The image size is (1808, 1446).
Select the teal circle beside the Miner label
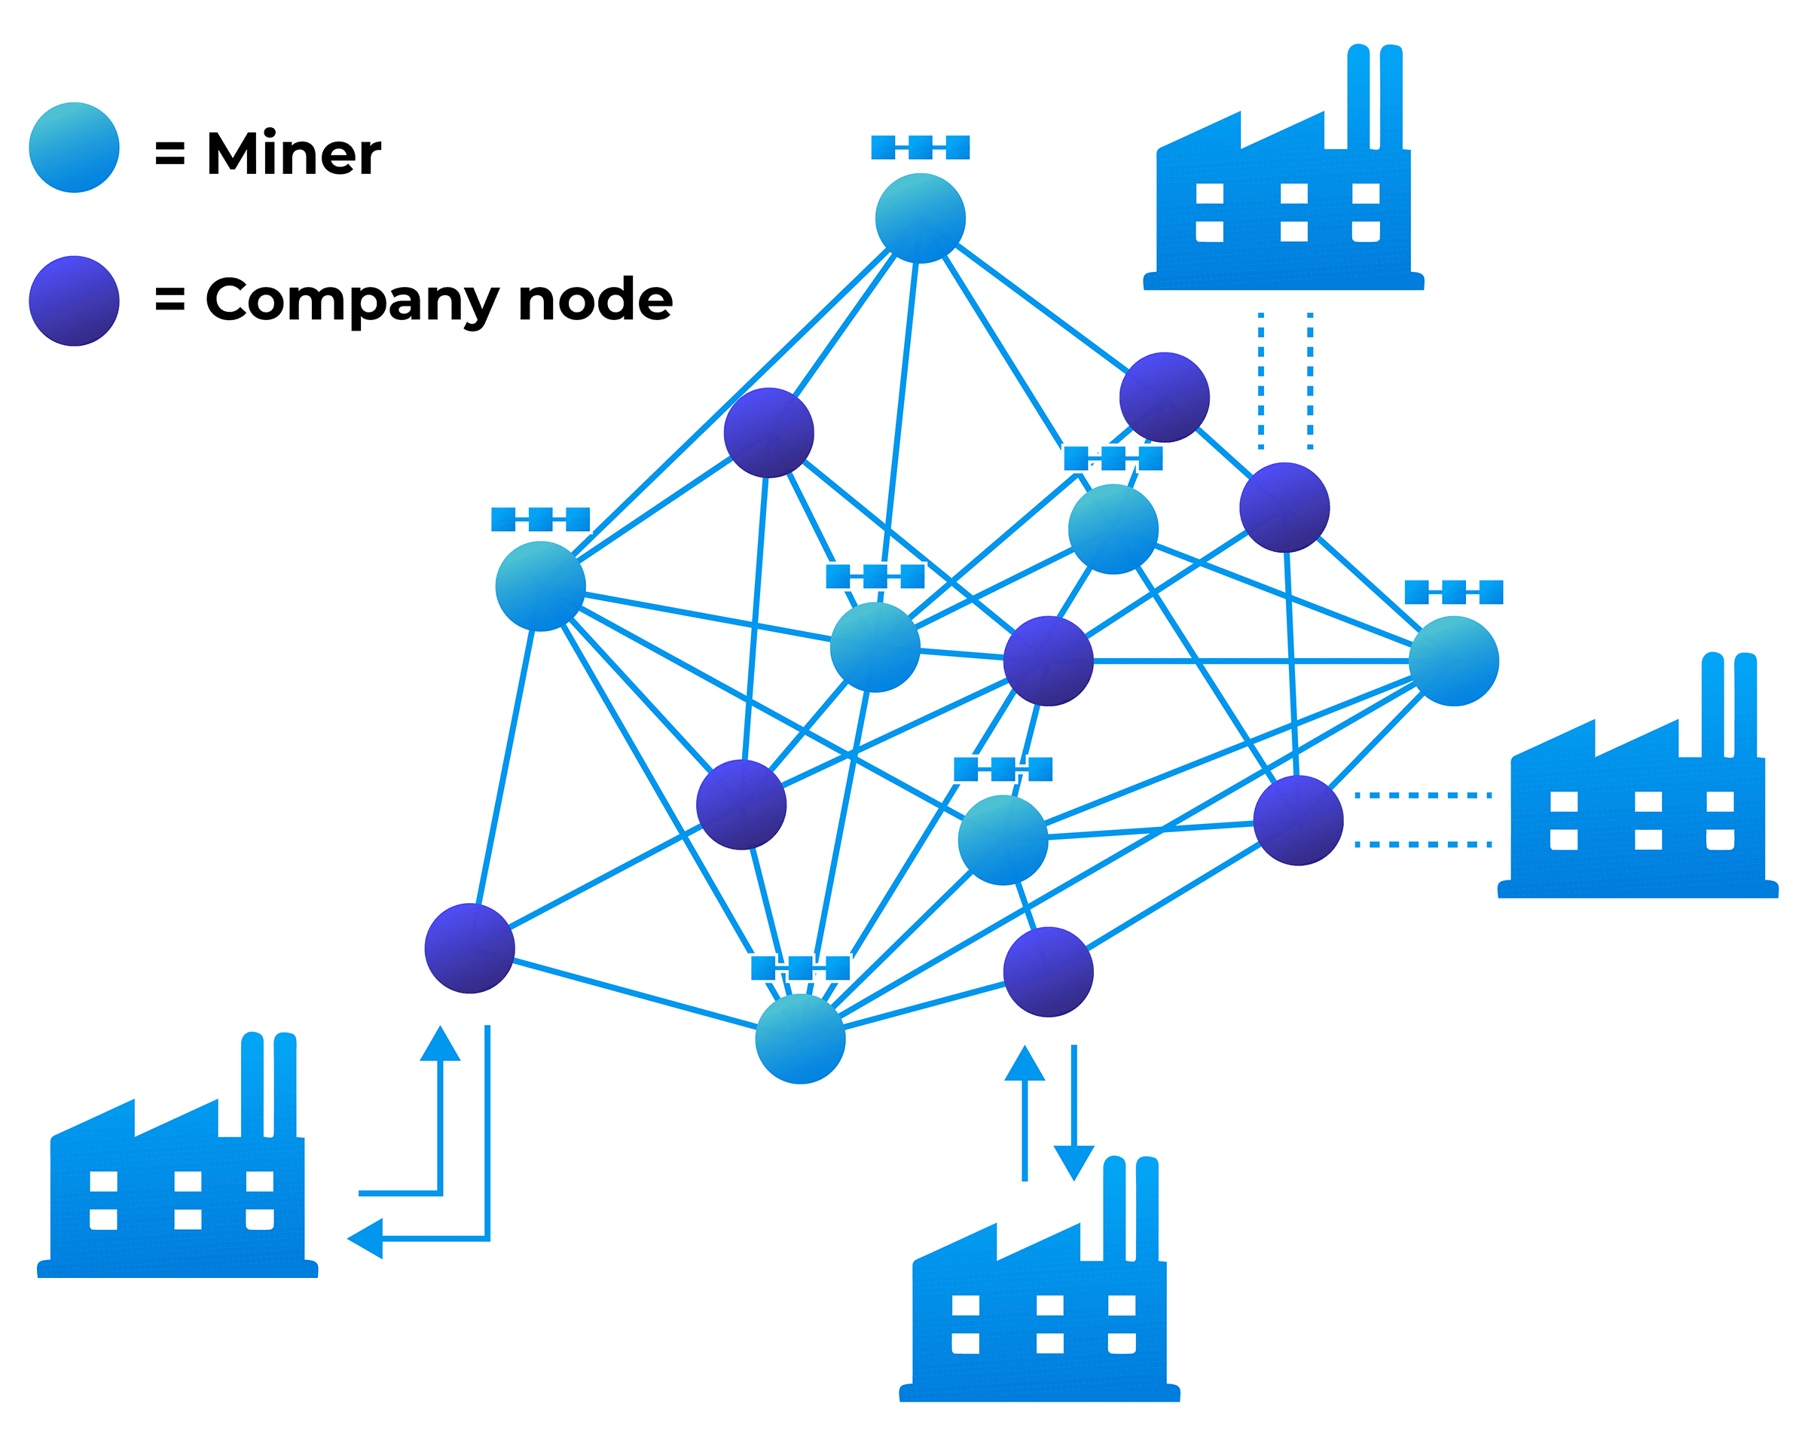point(74,148)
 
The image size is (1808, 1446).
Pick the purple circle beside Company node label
point(74,301)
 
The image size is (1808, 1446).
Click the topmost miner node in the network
point(920,218)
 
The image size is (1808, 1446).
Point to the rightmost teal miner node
point(1453,660)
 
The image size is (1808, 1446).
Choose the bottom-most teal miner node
point(800,1039)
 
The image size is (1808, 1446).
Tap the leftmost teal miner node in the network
point(540,586)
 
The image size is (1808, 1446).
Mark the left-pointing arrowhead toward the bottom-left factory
point(365,1238)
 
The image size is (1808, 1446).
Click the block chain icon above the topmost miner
point(920,148)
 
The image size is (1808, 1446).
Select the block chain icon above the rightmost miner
point(1453,592)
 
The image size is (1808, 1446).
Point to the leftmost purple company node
point(469,948)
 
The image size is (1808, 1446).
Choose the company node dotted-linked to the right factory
point(1297,820)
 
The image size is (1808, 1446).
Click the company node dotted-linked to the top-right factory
point(1284,507)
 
